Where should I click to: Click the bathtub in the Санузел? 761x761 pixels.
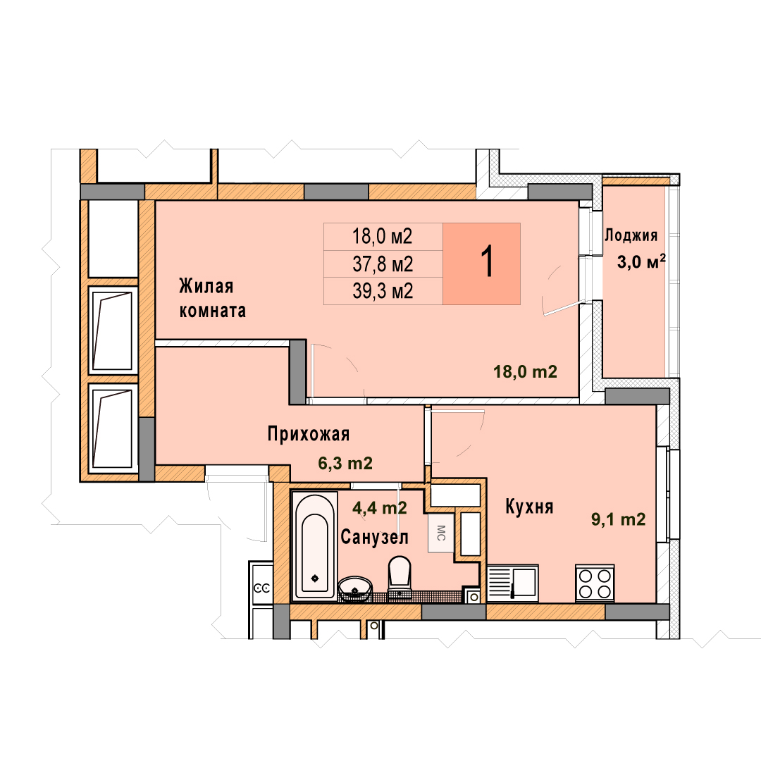[314, 545]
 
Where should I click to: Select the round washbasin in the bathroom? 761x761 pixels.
[354, 588]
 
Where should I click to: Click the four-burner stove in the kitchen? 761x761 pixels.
[595, 583]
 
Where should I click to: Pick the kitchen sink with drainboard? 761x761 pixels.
[512, 583]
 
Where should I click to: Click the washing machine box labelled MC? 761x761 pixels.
[440, 533]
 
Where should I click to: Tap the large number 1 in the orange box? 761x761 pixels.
[487, 261]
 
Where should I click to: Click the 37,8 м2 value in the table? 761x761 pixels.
[383, 264]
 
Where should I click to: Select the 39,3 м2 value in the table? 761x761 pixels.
[383, 291]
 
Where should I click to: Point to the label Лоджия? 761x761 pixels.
[631, 236]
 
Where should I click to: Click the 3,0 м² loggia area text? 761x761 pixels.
[641, 262]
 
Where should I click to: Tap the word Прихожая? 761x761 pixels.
[309, 434]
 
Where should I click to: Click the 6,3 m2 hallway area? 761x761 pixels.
[345, 464]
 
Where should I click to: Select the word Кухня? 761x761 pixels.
[529, 507]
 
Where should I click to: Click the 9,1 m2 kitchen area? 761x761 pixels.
[619, 519]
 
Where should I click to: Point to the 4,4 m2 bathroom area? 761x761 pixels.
[380, 508]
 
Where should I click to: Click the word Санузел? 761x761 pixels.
[374, 537]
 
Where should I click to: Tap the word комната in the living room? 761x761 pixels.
[213, 311]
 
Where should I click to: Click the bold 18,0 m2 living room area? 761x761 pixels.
[525, 372]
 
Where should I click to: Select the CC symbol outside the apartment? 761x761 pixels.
[262, 588]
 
